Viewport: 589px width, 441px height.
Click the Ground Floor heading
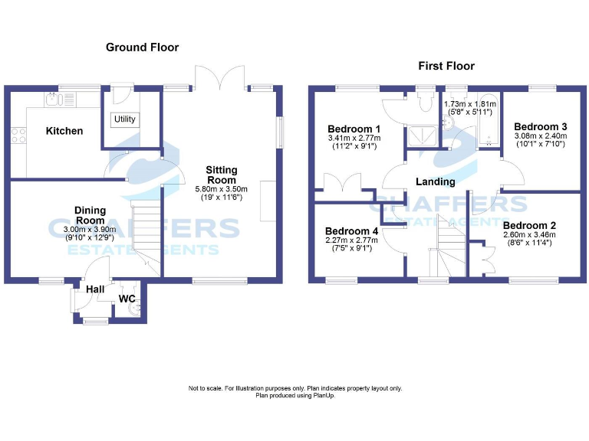coord(142,47)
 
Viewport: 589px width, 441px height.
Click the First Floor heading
coord(446,66)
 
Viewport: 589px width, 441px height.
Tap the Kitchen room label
coord(64,131)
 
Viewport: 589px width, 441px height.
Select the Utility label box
coord(123,119)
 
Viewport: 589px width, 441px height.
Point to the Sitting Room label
coord(222,175)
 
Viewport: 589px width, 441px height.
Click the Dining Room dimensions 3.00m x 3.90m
coord(90,229)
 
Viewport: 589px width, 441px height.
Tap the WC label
coord(127,299)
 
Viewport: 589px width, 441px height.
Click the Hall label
coord(95,289)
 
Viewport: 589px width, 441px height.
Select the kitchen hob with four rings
coord(18,136)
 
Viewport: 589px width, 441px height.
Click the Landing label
coord(435,181)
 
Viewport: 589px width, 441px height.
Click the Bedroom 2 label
coord(529,225)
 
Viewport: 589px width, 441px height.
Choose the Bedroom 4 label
coord(351,230)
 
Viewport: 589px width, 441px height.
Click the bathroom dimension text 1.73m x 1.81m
coord(470,103)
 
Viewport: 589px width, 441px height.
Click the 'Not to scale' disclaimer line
coord(295,388)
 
